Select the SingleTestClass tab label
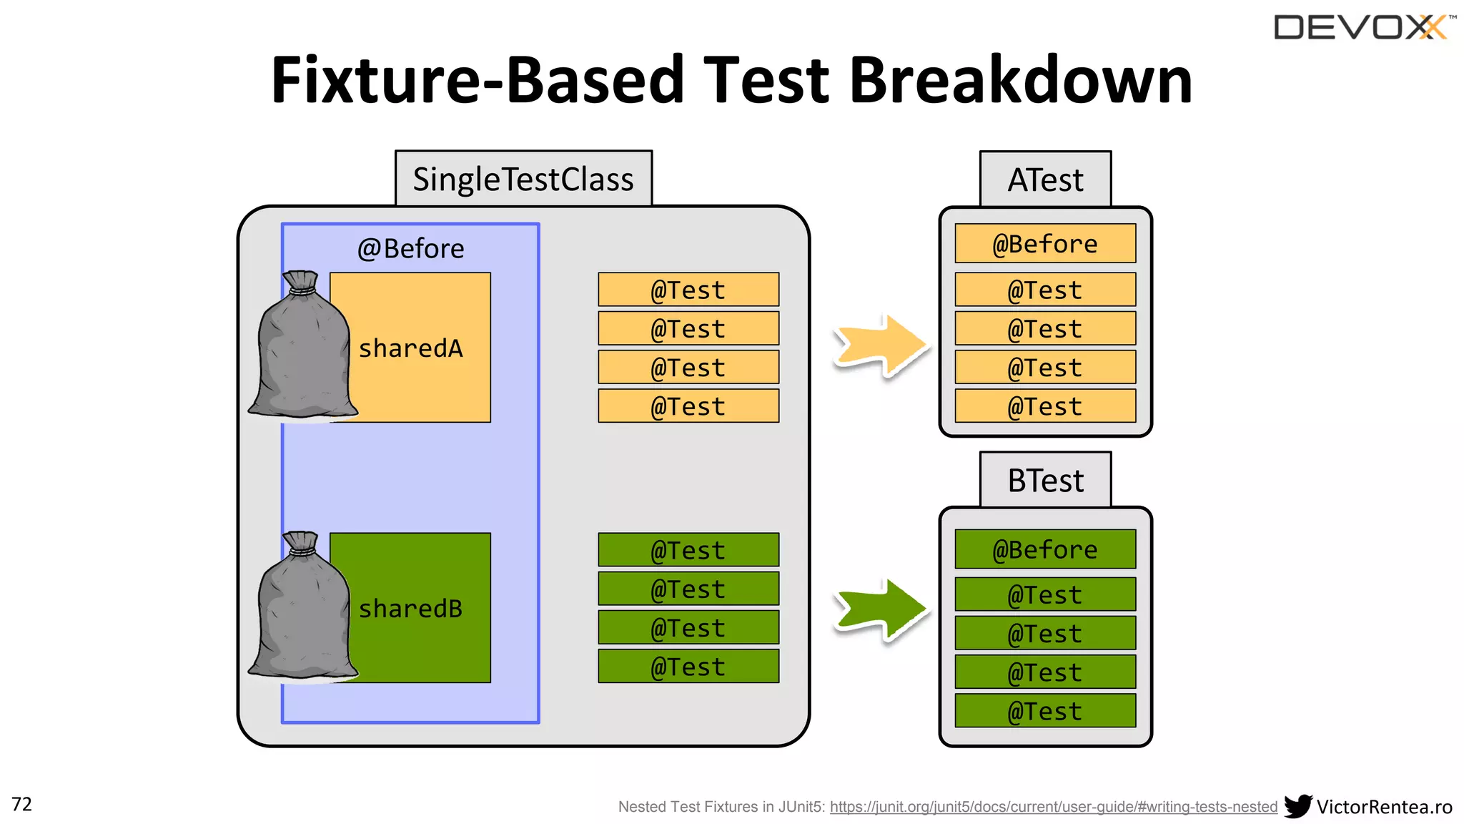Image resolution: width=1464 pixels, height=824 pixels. click(523, 179)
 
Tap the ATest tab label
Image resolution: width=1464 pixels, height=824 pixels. click(1045, 180)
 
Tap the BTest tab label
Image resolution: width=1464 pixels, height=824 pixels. click(1045, 480)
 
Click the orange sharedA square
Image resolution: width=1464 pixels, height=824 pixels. click(422, 347)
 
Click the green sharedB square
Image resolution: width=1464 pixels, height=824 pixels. click(422, 607)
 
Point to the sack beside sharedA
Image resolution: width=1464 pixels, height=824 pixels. click(302, 347)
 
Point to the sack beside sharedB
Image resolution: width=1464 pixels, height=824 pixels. click(302, 607)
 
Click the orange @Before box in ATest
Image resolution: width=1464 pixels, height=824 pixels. click(1045, 243)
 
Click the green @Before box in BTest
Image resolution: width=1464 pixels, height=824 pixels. click(1045, 549)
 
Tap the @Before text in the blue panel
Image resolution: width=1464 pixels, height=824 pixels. click(410, 248)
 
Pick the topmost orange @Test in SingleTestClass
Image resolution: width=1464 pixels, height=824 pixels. click(688, 290)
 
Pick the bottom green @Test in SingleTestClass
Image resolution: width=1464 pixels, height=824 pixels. click(688, 666)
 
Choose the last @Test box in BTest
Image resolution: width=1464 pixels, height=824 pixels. click(1045, 710)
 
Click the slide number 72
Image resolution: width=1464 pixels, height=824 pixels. click(22, 804)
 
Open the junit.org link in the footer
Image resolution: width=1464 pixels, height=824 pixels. click(1053, 807)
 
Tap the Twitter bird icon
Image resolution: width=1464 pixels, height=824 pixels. click(1297, 806)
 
